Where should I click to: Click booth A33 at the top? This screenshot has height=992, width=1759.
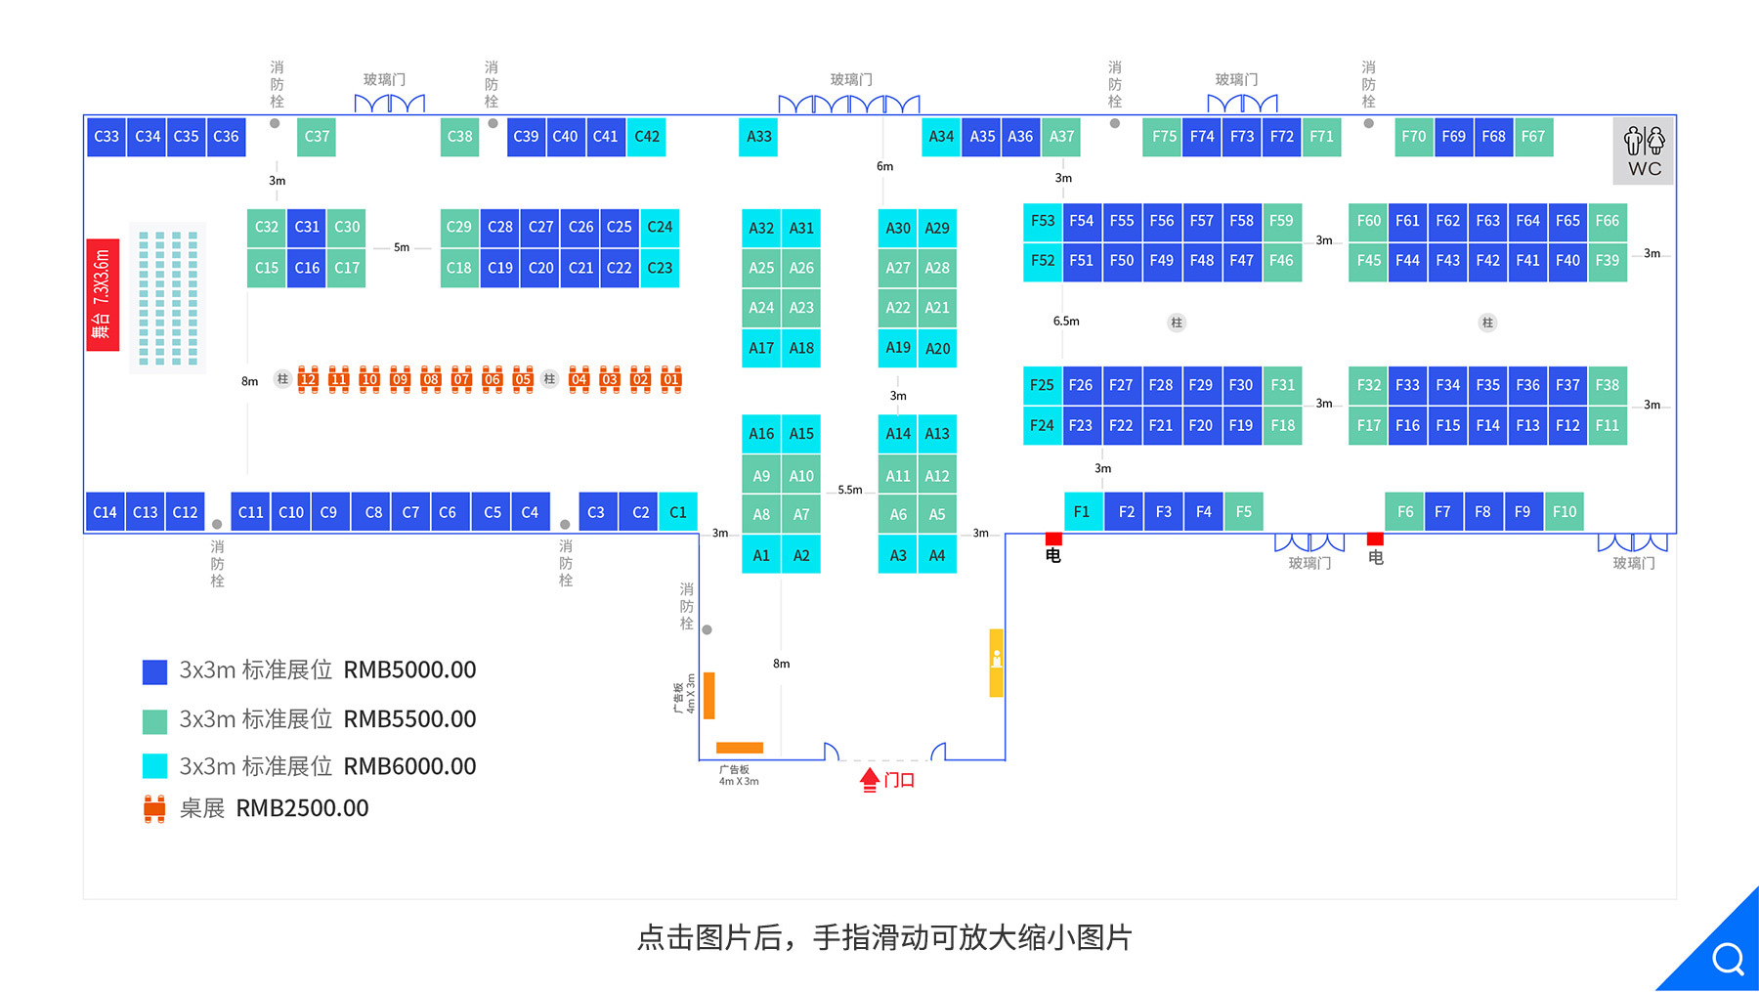pyautogui.click(x=759, y=137)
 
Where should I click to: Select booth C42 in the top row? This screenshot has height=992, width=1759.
pyautogui.click(x=647, y=137)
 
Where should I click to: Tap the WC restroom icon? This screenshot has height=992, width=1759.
pyautogui.click(x=1644, y=151)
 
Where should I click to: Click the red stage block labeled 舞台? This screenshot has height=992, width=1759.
pyautogui.click(x=103, y=294)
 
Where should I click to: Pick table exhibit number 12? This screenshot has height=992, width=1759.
pyautogui.click(x=308, y=379)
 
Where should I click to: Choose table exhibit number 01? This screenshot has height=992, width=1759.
pyautogui.click(x=670, y=379)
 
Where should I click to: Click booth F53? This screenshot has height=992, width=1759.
pyautogui.click(x=1043, y=221)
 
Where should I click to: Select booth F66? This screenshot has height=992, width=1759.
pyautogui.click(x=1607, y=221)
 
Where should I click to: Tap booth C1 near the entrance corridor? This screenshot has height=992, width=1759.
pyautogui.click(x=678, y=512)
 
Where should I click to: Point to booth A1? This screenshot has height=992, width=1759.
pyautogui.click(x=761, y=555)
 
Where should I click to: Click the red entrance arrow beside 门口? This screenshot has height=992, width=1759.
pyautogui.click(x=869, y=780)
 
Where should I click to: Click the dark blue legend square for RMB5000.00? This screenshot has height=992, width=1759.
pyautogui.click(x=154, y=671)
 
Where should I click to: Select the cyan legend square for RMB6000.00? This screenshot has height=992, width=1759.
pyautogui.click(x=154, y=766)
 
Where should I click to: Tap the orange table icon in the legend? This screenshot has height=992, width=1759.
pyautogui.click(x=154, y=809)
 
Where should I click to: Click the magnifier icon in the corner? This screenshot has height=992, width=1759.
pyautogui.click(x=1727, y=959)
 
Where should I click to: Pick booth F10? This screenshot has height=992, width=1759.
pyautogui.click(x=1565, y=512)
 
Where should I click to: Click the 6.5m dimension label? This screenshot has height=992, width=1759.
pyautogui.click(x=1066, y=322)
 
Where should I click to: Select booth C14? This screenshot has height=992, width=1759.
pyautogui.click(x=105, y=512)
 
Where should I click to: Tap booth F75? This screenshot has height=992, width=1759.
pyautogui.click(x=1164, y=137)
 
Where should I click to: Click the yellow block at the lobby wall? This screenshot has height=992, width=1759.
pyautogui.click(x=996, y=662)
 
